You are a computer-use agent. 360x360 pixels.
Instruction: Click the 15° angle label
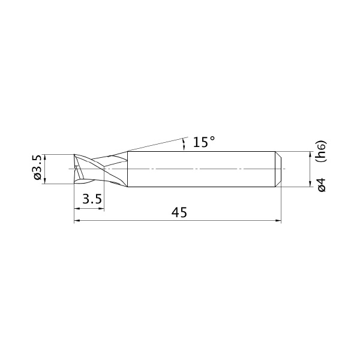pos(204,142)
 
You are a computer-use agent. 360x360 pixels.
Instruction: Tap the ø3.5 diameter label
pos(37,167)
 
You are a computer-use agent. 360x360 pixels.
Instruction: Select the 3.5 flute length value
pos(92,199)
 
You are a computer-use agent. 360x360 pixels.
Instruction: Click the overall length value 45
pos(179,212)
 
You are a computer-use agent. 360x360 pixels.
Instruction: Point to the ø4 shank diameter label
pos(322,185)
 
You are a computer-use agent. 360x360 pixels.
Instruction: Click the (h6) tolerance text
pos(321,151)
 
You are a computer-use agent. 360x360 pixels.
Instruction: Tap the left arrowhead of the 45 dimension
pos(77,221)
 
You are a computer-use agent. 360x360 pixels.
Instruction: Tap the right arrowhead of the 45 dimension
pos(278,221)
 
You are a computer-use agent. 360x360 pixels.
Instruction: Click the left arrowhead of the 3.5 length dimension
pos(77,209)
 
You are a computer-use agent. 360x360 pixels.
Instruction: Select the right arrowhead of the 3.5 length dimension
pos(101,209)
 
